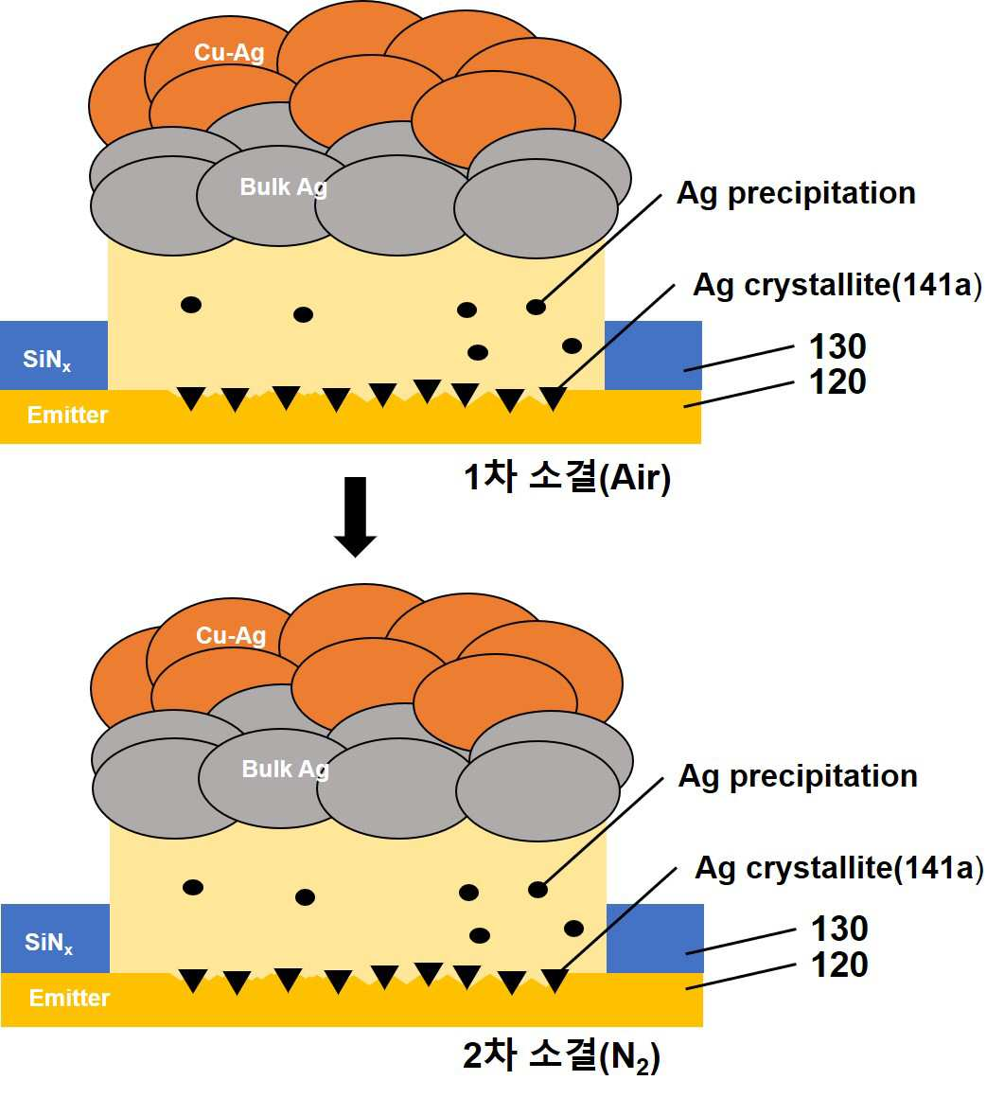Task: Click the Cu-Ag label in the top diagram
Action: (229, 52)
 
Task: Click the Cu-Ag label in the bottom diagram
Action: (231, 635)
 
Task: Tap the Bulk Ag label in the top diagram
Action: (284, 187)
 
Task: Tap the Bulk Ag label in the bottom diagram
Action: (286, 769)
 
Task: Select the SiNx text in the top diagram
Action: (46, 360)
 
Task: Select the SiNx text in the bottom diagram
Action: (48, 943)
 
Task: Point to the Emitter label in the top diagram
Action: (67, 415)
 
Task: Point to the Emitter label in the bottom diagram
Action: (69, 997)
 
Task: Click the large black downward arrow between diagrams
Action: (356, 517)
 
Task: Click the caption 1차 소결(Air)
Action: (567, 478)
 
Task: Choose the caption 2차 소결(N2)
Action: (561, 1056)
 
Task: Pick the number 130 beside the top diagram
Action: (837, 346)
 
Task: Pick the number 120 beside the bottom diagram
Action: (839, 965)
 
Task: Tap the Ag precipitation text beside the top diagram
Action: (796, 194)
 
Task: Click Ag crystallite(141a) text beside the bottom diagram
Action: (838, 868)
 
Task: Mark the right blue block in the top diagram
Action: (653, 355)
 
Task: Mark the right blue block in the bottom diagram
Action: (656, 938)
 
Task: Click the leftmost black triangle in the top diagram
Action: (191, 398)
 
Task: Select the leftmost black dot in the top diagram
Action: (191, 305)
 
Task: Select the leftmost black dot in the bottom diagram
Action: (193, 887)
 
